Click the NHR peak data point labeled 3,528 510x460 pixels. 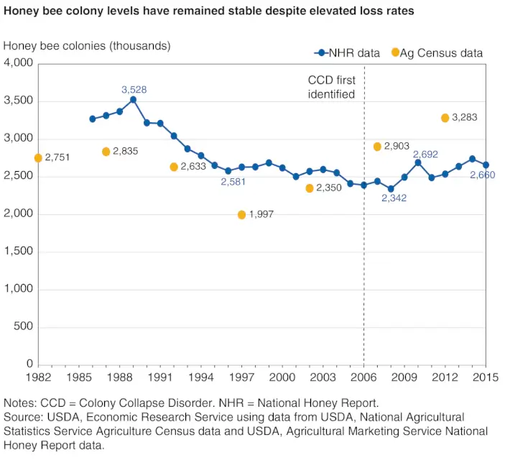[133, 100]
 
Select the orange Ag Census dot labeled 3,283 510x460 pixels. [445, 118]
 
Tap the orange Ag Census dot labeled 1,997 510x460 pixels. [241, 215]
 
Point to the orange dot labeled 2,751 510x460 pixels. [38, 158]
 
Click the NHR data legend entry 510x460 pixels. [348, 52]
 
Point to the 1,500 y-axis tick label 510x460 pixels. [19, 252]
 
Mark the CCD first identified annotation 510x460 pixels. [331, 87]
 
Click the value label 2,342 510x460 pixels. [394, 198]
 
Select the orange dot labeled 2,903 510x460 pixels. [377, 147]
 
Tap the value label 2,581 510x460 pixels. [234, 181]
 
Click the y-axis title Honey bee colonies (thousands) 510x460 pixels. [87, 46]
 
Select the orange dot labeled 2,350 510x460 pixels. [310, 188]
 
